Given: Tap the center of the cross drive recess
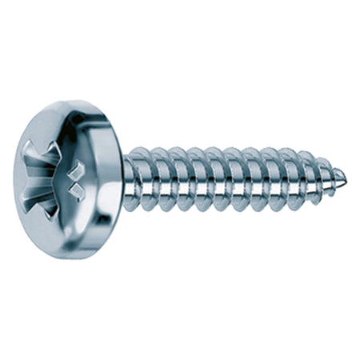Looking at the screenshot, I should coord(63,178).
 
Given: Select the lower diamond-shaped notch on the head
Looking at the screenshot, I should coord(78,190).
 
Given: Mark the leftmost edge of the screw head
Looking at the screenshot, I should coord(14,180).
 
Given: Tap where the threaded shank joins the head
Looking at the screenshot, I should coord(127,181).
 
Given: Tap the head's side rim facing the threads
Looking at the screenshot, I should coord(112,180).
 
